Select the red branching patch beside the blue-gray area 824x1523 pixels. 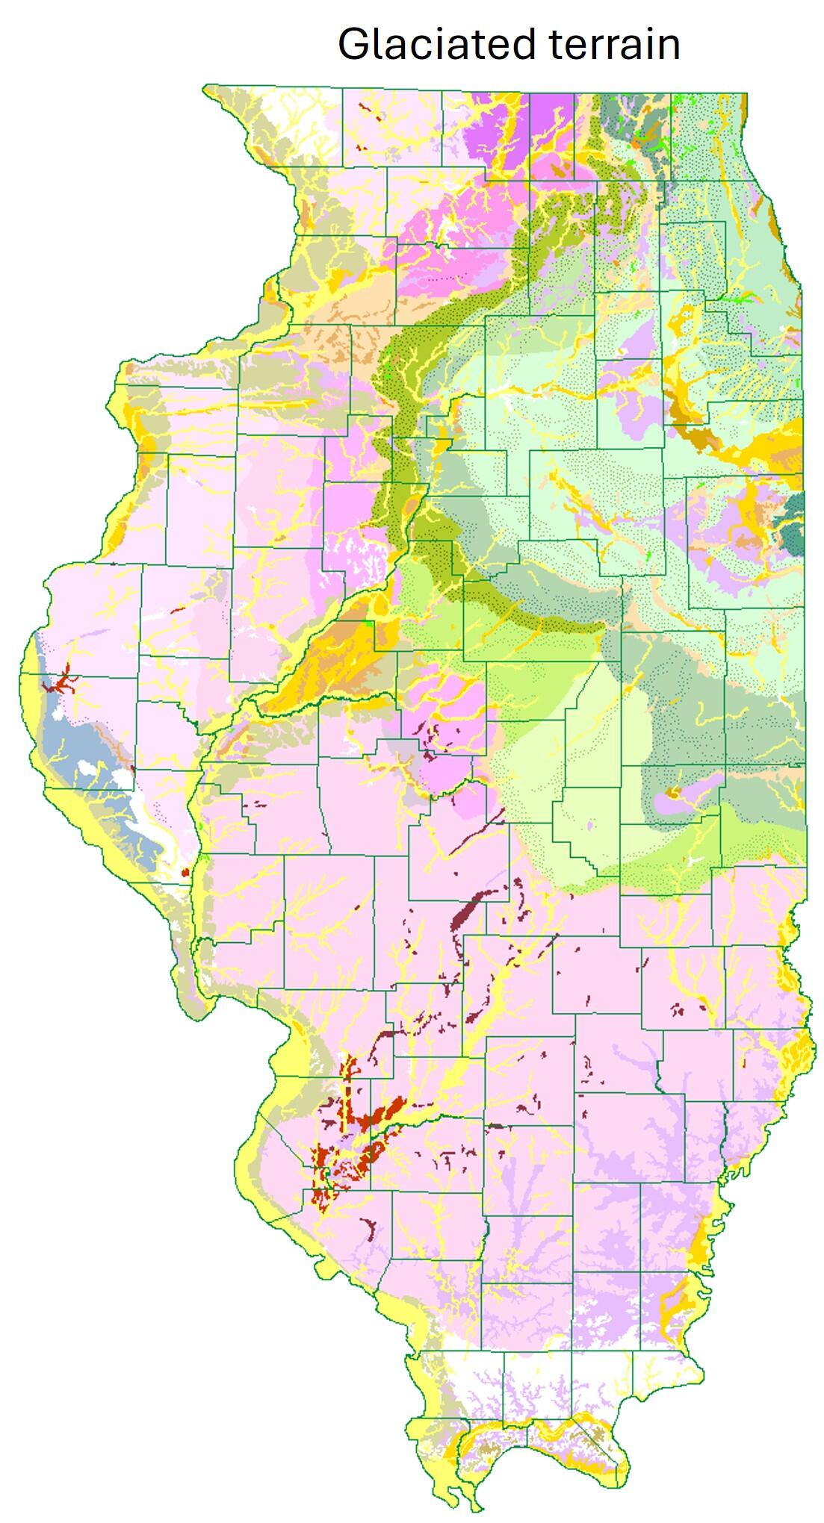(60, 681)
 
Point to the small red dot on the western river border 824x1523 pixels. (185, 872)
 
